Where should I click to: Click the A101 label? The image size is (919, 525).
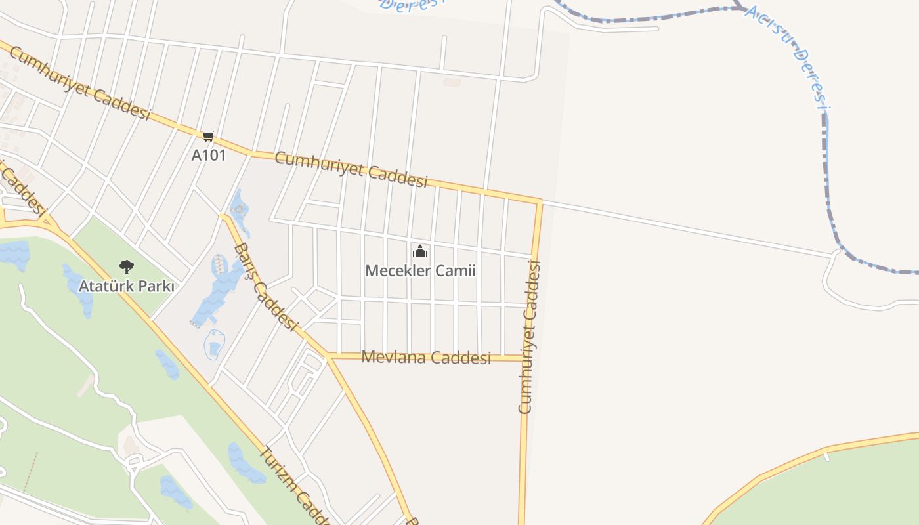click(208, 156)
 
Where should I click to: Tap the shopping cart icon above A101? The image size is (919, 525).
click(208, 136)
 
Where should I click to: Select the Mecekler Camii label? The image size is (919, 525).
click(420, 270)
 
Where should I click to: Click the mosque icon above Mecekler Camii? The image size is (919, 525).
click(420, 251)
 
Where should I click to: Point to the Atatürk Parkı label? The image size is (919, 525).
click(127, 286)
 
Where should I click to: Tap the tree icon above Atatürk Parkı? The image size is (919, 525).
click(127, 266)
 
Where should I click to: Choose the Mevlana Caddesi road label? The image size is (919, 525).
click(426, 358)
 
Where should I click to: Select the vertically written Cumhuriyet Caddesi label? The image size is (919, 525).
click(529, 337)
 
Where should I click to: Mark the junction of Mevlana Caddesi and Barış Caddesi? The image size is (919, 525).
click(326, 356)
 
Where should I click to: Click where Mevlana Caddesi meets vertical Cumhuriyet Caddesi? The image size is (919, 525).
click(525, 358)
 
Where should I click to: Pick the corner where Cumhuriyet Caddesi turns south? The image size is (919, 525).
click(540, 201)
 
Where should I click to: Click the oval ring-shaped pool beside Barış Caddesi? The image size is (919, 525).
click(214, 344)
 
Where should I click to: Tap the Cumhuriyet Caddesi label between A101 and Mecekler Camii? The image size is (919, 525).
click(351, 169)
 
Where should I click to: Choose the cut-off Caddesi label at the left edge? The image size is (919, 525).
click(23, 190)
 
